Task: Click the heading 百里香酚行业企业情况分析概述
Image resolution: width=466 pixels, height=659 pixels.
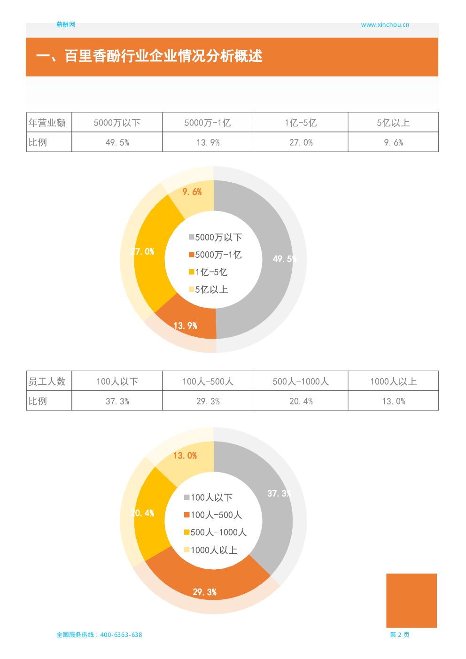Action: pyautogui.click(x=163, y=56)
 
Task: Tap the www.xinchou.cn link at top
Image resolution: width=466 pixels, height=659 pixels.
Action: pyautogui.click(x=385, y=25)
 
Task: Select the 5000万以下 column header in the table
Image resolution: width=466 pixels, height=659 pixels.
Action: pyautogui.click(x=117, y=123)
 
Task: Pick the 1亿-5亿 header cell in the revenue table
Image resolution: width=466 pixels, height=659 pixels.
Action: pyautogui.click(x=301, y=123)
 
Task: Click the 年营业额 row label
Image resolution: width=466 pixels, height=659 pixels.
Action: pyautogui.click(x=47, y=123)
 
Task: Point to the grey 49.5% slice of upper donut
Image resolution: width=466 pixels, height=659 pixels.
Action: pyautogui.click(x=285, y=259)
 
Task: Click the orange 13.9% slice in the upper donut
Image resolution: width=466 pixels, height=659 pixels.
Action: pyautogui.click(x=185, y=326)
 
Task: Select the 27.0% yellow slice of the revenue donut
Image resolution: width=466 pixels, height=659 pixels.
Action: pyautogui.click(x=142, y=252)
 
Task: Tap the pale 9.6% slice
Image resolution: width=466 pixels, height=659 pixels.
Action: pyautogui.click(x=192, y=192)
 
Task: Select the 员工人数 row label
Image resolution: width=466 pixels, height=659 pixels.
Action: pyautogui.click(x=47, y=381)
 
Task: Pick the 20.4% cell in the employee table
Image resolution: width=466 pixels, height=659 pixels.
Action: pyautogui.click(x=301, y=401)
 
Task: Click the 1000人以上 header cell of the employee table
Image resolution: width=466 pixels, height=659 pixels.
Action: pyautogui.click(x=393, y=381)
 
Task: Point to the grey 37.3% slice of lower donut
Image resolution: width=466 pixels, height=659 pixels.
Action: pyautogui.click(x=279, y=493)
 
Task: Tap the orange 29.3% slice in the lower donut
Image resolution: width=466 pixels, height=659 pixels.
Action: pyautogui.click(x=204, y=592)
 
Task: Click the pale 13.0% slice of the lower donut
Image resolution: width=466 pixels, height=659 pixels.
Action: pyautogui.click(x=185, y=456)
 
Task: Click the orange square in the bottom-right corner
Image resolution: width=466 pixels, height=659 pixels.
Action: pyautogui.click(x=411, y=600)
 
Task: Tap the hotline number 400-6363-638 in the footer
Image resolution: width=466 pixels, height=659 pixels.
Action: pyautogui.click(x=121, y=635)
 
